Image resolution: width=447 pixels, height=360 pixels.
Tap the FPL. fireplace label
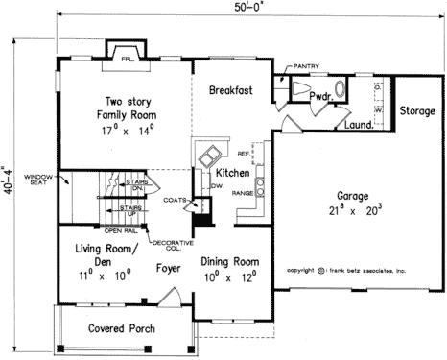tap(125, 58)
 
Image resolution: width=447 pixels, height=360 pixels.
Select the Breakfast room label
tap(230, 90)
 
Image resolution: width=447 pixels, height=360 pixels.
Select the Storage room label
tap(417, 111)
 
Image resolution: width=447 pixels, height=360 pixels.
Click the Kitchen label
tap(232, 173)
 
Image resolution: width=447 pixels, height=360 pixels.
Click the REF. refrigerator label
tap(243, 153)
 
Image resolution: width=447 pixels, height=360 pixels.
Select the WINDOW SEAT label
tap(38, 180)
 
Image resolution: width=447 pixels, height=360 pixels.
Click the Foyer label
tap(170, 268)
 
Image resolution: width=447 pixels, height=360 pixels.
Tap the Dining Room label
tap(229, 260)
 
